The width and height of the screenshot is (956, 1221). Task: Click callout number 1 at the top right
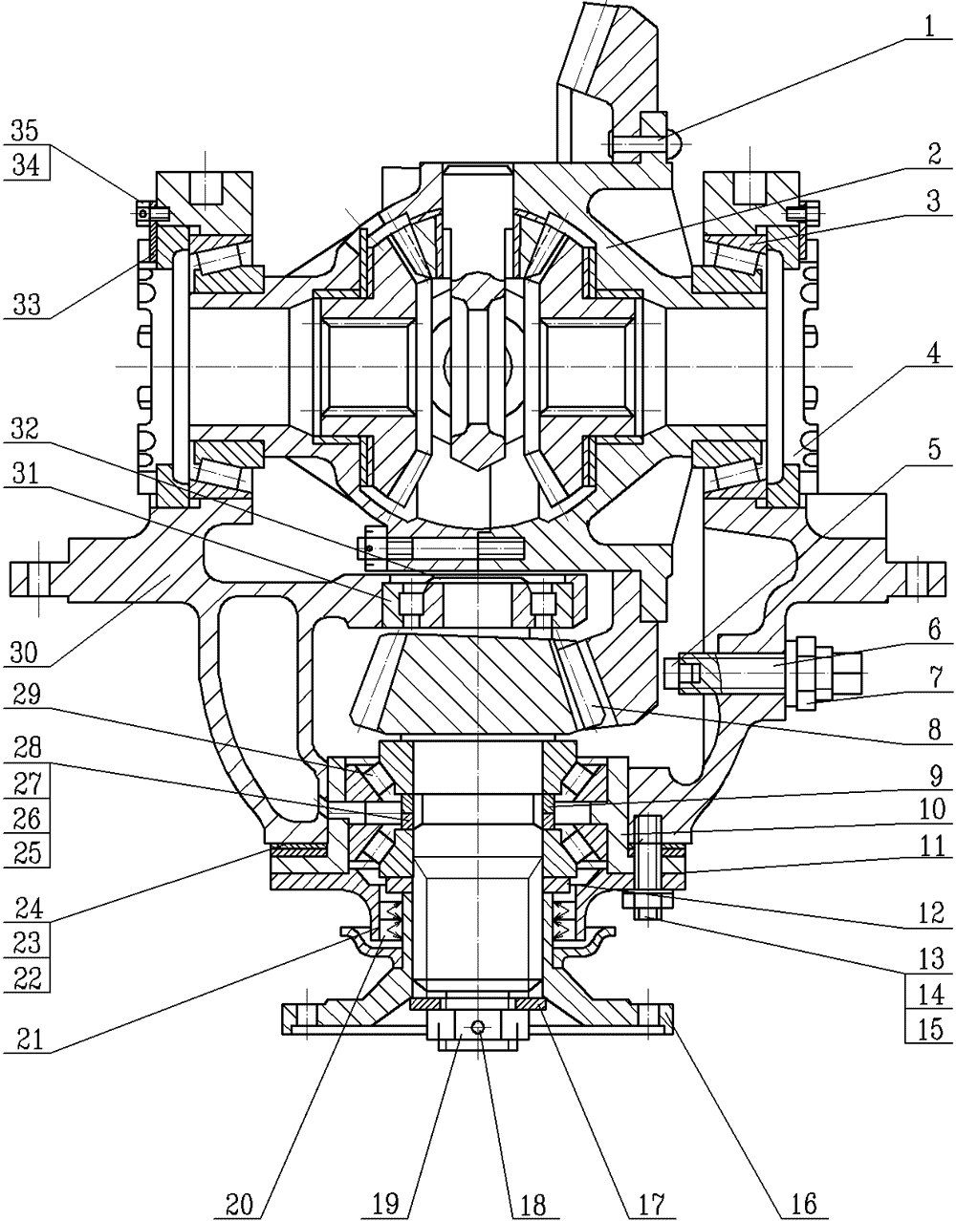930,27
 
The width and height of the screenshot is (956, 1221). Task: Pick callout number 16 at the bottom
803,1203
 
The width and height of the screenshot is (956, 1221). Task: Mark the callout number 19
386,1203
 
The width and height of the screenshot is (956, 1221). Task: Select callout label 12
930,914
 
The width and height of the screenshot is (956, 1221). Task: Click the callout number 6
932,630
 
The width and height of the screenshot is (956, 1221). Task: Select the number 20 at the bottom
239,1203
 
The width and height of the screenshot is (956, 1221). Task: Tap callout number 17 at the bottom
653,1203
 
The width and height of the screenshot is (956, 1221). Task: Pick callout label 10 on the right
930,809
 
